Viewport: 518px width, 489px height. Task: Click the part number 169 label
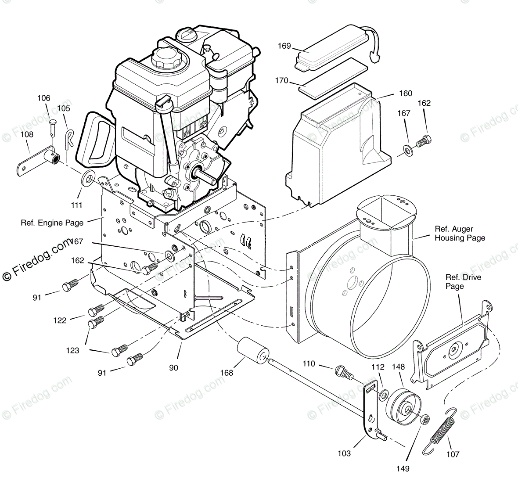pos(284,46)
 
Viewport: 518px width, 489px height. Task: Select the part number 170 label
pos(281,80)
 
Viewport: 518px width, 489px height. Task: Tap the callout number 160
pos(405,93)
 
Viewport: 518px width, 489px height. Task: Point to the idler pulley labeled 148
pos(403,404)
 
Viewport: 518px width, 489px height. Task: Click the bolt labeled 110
pos(344,374)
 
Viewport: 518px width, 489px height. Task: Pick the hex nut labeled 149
pos(424,419)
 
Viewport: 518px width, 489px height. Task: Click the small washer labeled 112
pos(383,395)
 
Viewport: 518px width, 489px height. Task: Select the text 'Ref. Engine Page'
pos(52,223)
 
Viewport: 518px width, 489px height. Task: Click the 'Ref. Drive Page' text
pos(463,282)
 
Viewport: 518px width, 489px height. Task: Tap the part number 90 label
pos(174,367)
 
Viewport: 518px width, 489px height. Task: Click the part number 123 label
pos(72,350)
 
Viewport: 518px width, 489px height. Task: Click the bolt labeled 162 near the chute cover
pos(422,141)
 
